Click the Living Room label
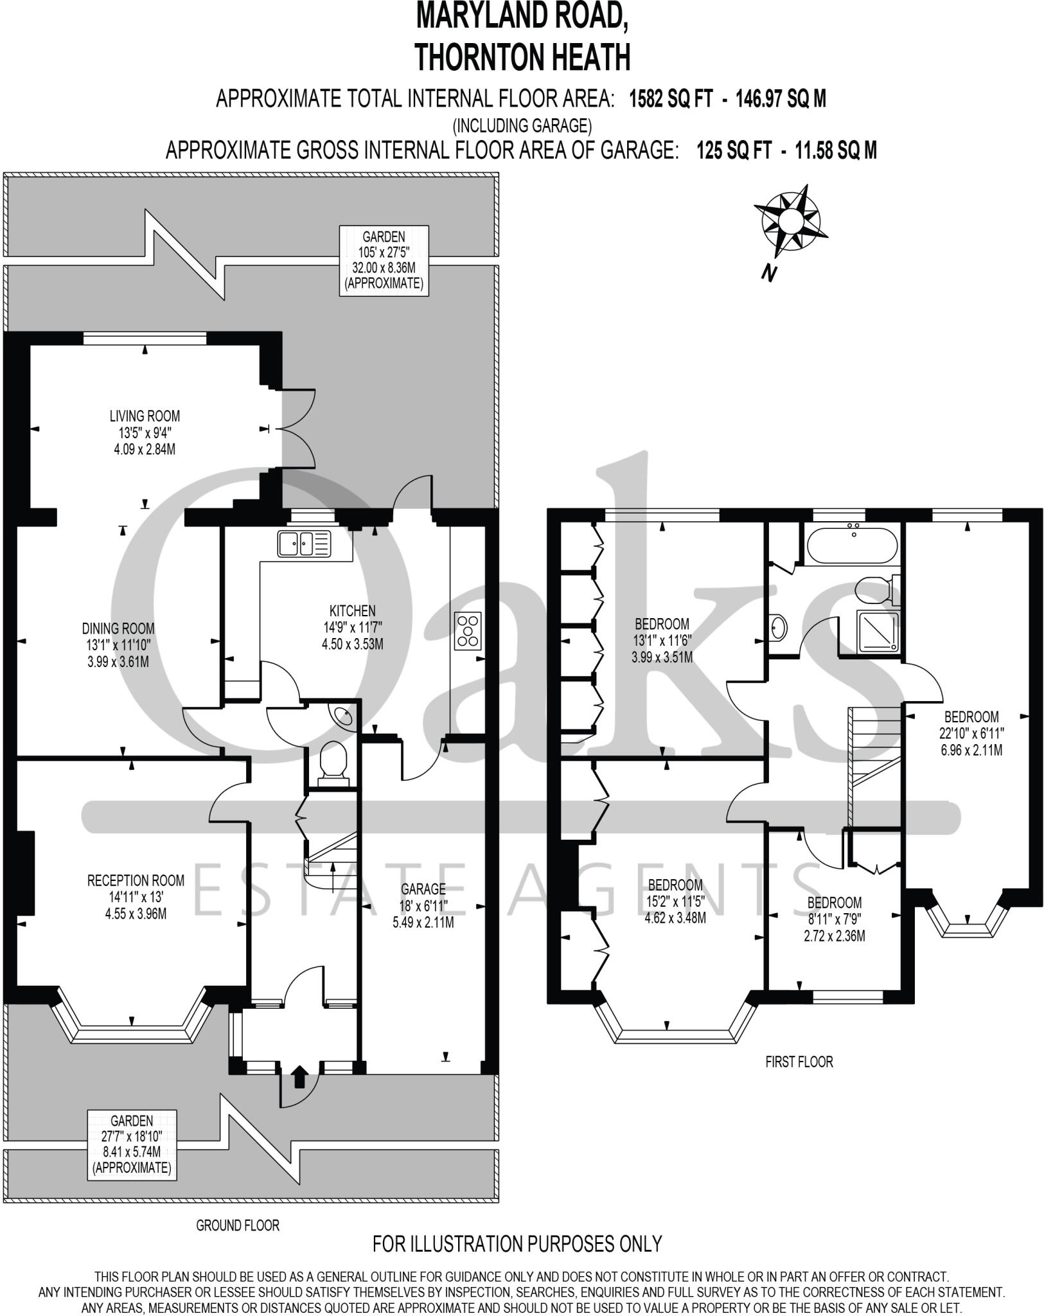coord(145,416)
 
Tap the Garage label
coord(423,889)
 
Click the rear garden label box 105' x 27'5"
coord(384,260)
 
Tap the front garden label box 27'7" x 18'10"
coord(132,1144)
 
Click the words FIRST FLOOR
coord(799,1062)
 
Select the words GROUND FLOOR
coord(238,1225)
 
